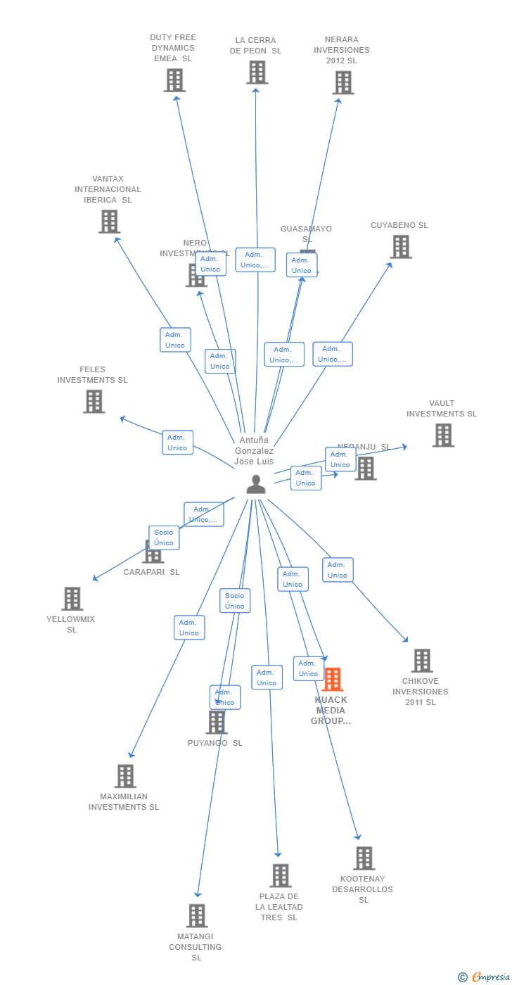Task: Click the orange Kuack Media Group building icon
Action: (333, 679)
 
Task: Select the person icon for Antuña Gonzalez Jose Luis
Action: (256, 484)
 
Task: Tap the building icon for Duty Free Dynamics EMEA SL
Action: (174, 80)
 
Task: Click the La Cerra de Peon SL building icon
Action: (257, 72)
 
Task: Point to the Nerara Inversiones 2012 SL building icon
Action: (343, 82)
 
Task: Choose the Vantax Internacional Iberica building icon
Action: (109, 222)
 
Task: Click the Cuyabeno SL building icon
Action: (400, 247)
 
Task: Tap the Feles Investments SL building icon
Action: (94, 401)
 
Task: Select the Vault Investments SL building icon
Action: (442, 435)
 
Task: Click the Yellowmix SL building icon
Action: (72, 599)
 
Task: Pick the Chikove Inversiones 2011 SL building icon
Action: (421, 661)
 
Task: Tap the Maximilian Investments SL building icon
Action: (125, 776)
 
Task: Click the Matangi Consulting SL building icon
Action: (197, 916)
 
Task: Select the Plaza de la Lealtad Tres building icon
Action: (280, 876)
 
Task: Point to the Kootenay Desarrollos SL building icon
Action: (364, 858)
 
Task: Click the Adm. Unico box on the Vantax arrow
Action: (175, 340)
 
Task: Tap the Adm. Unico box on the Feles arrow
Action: (177, 443)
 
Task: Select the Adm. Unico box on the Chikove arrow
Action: (338, 570)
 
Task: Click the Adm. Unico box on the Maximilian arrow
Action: (189, 628)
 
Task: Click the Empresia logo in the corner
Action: (488, 977)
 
